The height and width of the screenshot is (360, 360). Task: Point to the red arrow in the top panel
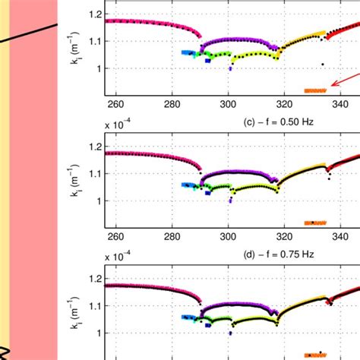[341, 80]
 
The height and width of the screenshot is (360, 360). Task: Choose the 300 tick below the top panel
[228, 102]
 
